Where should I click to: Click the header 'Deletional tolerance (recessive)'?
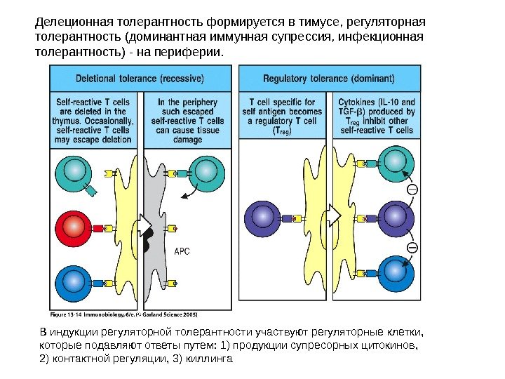[141, 77]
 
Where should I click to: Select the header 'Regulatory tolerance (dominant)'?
[330, 77]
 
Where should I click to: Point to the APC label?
[181, 251]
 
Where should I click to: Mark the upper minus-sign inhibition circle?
[412, 189]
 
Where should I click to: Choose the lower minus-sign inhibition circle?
[412, 247]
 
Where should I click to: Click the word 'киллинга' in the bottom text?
[209, 359]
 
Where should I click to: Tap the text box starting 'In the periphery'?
[187, 120]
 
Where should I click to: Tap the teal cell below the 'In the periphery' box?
[208, 172]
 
